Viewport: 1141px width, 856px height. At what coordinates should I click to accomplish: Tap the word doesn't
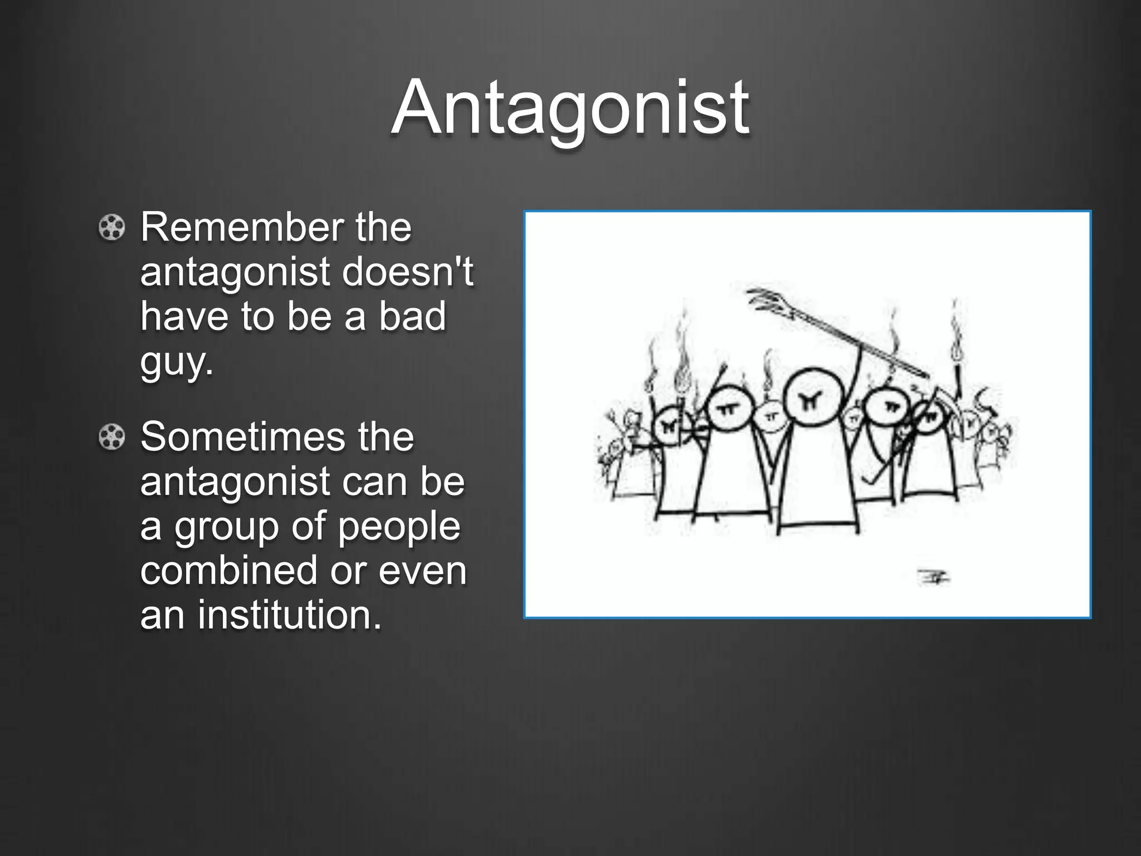407,273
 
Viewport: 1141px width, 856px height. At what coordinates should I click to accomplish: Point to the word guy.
176,362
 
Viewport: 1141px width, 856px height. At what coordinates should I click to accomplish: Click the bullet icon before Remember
111,228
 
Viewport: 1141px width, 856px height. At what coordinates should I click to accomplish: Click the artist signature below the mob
933,577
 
